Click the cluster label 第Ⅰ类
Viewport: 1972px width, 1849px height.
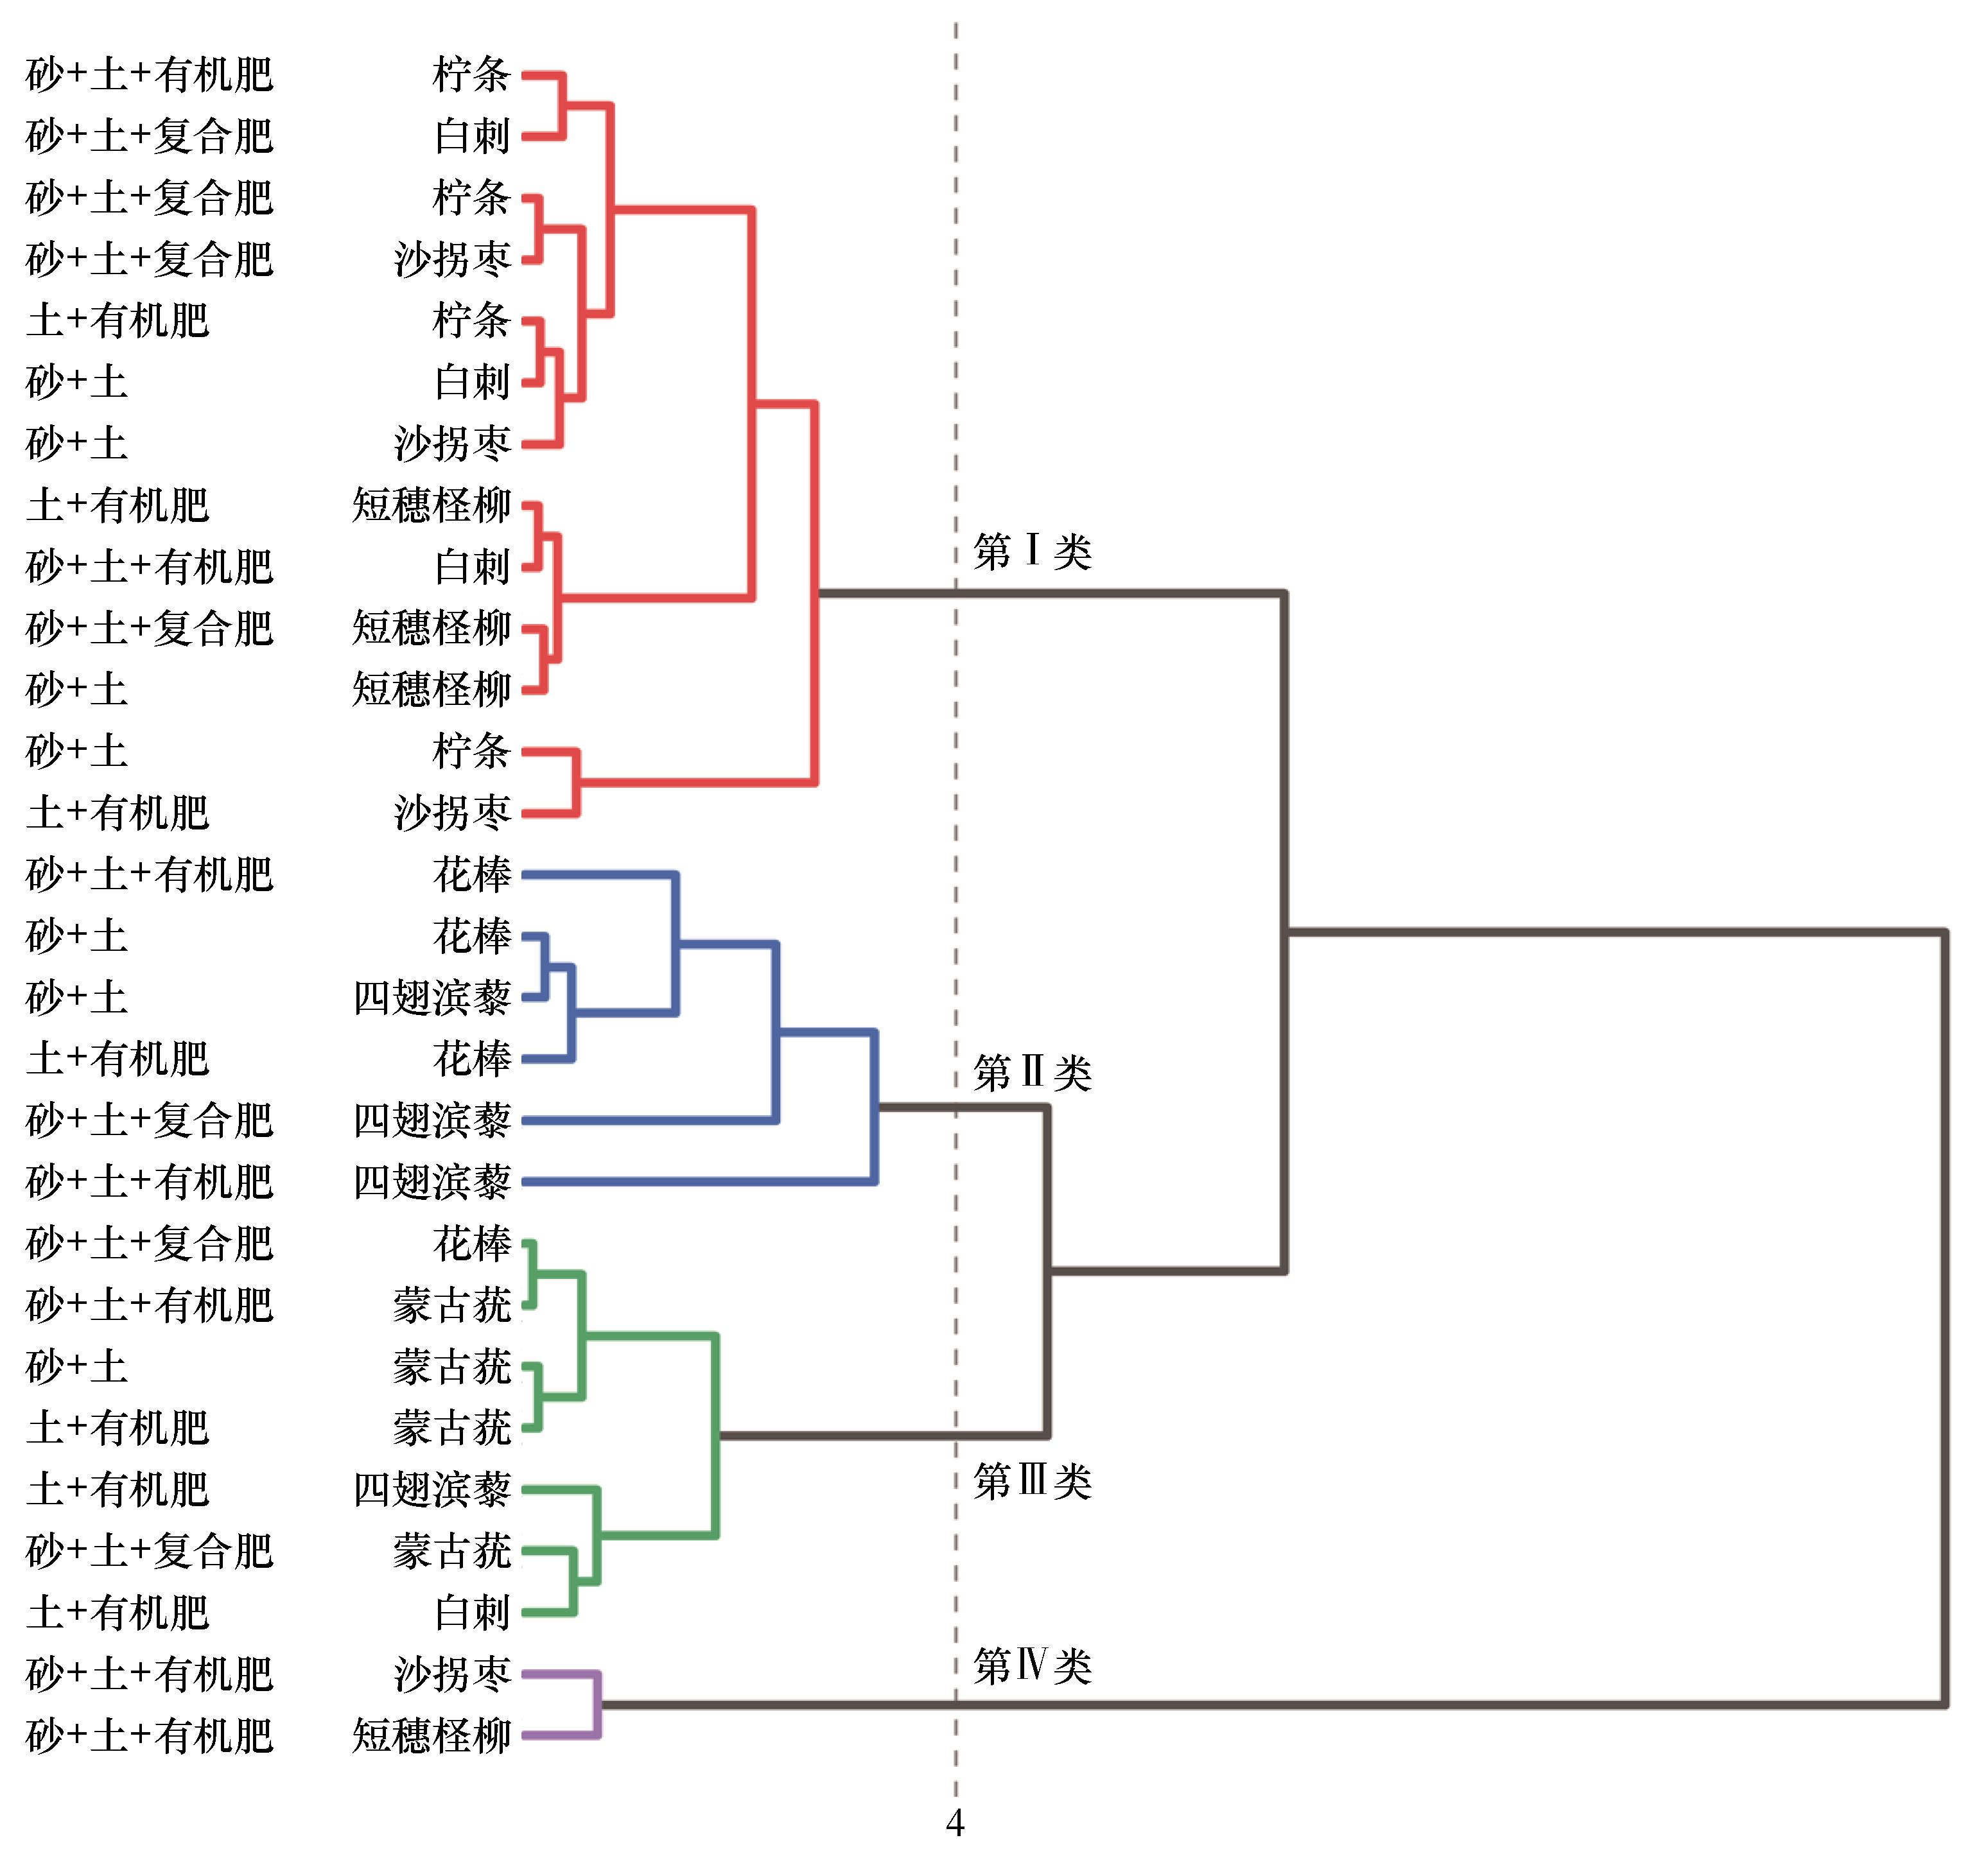1032,551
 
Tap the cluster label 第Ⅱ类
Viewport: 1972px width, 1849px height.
1032,1072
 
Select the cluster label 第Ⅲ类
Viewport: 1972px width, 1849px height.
1032,1481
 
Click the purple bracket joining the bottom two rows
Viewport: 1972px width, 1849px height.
597,1705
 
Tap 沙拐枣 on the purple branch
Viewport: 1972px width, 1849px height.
452,1674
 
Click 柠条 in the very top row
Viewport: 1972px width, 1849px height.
471,74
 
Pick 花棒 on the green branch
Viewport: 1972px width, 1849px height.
471,1243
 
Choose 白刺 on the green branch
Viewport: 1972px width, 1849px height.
471,1613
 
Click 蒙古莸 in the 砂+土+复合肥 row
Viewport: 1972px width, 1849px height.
452,1551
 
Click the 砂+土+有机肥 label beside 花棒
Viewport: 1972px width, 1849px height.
149,874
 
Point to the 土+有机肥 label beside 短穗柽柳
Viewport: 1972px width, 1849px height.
118,505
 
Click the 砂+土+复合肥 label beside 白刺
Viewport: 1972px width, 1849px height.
149,136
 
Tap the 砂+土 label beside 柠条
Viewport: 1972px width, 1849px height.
76,751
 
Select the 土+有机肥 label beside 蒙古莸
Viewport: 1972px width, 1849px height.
118,1428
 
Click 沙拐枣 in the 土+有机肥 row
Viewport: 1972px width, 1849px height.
452,812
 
